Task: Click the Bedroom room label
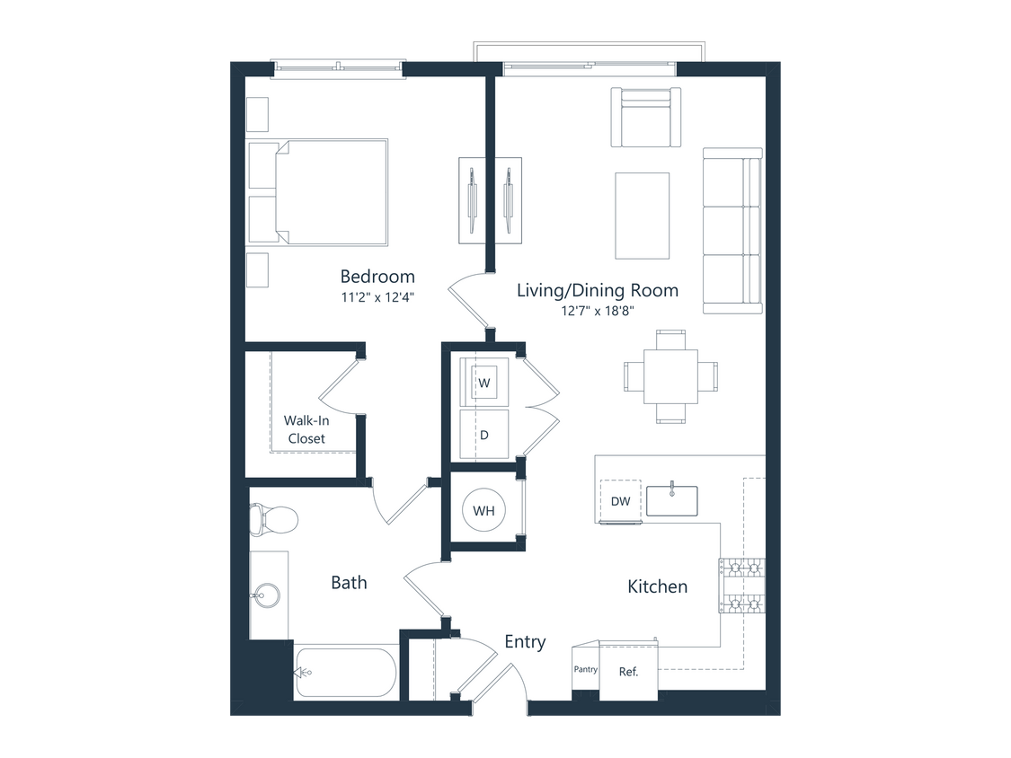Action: pos(377,276)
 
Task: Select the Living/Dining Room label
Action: pos(597,290)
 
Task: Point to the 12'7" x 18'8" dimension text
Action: pos(598,311)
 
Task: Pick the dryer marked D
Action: pos(483,435)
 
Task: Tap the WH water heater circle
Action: pos(483,511)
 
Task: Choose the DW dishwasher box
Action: pos(620,501)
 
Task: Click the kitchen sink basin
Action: pos(672,501)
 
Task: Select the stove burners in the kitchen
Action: pos(741,586)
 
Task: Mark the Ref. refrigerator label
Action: pos(629,671)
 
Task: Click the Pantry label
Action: pos(585,670)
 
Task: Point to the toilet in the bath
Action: pos(275,518)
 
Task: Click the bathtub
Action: pos(346,672)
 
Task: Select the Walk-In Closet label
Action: pos(305,429)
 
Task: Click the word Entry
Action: pos(525,641)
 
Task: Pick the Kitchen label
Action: pos(657,586)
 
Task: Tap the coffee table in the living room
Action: pos(642,215)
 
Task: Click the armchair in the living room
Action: pos(646,117)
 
